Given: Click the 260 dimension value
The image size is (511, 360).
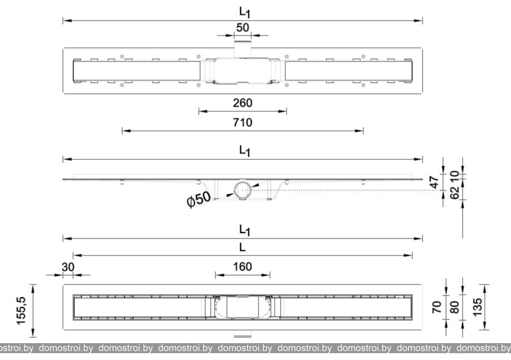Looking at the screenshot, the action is coord(242,103).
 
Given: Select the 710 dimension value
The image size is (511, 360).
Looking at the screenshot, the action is coord(242,123).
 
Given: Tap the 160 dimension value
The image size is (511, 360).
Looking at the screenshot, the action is coord(242,267).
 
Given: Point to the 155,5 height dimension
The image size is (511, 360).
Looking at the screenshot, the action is coord(21,311).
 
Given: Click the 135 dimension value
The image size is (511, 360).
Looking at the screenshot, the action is coord(477,307).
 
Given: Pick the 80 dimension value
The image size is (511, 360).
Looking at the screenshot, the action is coord(454,307).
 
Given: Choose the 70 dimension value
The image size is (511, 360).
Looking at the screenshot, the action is coord(437,307).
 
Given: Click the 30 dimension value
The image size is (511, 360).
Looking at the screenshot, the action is coord(68,267).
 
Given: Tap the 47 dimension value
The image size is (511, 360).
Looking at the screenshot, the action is coord(435,182).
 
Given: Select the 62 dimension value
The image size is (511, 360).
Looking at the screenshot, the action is coord(455,193).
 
